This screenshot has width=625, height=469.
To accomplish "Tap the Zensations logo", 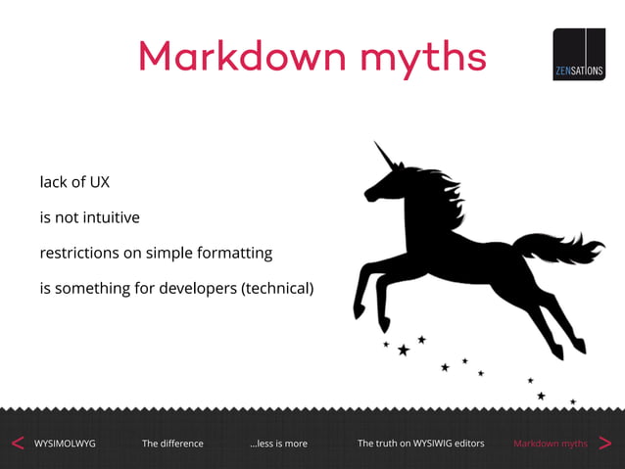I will click(x=578, y=54).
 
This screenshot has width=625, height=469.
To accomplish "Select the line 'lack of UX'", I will click(x=68, y=182).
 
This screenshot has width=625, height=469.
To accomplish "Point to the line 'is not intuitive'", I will click(x=89, y=217).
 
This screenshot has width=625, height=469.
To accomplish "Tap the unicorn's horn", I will click(x=385, y=157).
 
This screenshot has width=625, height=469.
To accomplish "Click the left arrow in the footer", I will click(x=17, y=444).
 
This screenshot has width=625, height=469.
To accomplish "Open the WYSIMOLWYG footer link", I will click(x=65, y=444).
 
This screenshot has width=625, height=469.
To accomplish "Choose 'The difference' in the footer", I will click(x=172, y=444).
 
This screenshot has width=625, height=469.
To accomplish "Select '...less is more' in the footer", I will click(x=278, y=444).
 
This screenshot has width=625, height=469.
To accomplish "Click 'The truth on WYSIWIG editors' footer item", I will click(x=420, y=444).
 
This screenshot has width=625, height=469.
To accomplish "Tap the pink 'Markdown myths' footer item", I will click(x=551, y=444).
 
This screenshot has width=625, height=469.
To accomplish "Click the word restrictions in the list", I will click(x=79, y=253).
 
